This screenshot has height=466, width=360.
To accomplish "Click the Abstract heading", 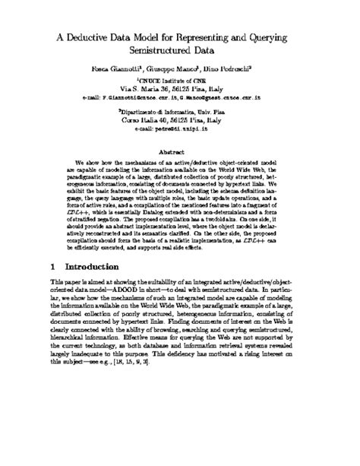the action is coord(180,152).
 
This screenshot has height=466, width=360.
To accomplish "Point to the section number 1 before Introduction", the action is coord(51,268).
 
